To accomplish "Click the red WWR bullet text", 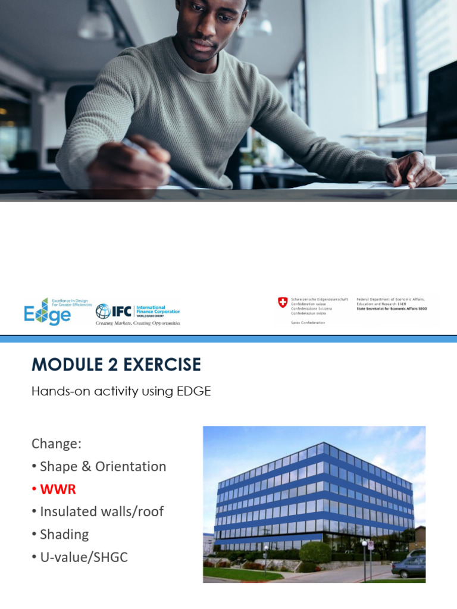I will pyautogui.click(x=58, y=489).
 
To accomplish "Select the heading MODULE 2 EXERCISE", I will pyautogui.click(x=116, y=364).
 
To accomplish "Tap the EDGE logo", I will pyautogui.click(x=48, y=311).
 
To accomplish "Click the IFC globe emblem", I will pyautogui.click(x=103, y=311).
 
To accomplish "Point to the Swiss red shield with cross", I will pyautogui.click(x=283, y=303).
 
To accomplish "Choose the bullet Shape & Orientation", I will pyautogui.click(x=102, y=466).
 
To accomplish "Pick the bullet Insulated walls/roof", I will pyautogui.click(x=101, y=511).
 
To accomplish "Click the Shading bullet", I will pyautogui.click(x=64, y=534).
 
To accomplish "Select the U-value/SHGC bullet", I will pyautogui.click(x=83, y=557).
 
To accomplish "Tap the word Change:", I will pyautogui.click(x=56, y=444).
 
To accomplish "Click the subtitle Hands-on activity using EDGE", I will pyautogui.click(x=121, y=391).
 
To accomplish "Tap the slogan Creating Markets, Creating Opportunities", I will pyautogui.click(x=138, y=323).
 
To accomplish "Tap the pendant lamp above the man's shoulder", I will pyautogui.click(x=96, y=24).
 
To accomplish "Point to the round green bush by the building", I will pyautogui.click(x=315, y=552).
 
